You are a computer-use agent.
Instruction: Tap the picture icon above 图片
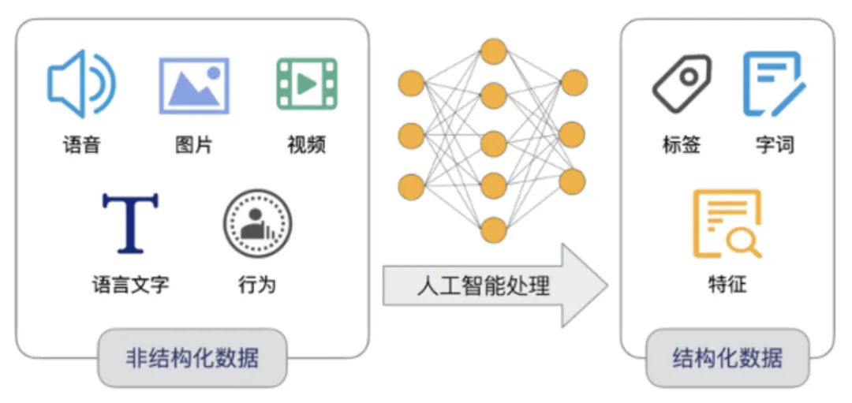(x=194, y=85)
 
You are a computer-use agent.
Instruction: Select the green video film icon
(x=307, y=84)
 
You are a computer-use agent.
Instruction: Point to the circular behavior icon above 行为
(x=257, y=223)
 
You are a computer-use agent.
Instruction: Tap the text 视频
(x=307, y=145)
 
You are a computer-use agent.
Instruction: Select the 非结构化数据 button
(x=192, y=358)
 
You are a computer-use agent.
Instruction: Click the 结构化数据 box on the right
(x=727, y=358)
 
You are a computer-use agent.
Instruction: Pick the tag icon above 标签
(x=682, y=84)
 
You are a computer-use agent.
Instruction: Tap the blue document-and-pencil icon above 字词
(x=773, y=84)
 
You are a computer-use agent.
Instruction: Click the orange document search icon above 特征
(x=727, y=224)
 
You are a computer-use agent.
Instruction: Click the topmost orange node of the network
(x=494, y=52)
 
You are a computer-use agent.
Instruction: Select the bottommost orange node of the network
(x=494, y=229)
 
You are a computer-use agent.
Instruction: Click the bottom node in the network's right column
(x=574, y=181)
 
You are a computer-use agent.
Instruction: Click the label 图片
(x=194, y=145)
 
